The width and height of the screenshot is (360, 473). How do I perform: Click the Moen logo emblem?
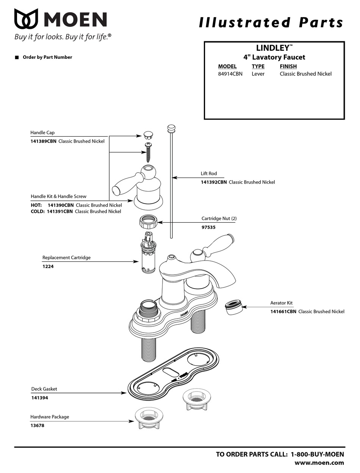tap(26, 19)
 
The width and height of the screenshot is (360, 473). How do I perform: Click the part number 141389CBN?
tap(43, 141)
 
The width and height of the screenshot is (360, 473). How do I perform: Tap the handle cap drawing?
tap(148, 135)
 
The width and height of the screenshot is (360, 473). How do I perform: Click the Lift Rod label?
tap(209, 173)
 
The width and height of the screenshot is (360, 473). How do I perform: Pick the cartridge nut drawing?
tap(148, 221)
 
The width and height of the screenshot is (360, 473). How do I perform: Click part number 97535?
tap(208, 227)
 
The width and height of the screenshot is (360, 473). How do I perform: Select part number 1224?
tap(48, 266)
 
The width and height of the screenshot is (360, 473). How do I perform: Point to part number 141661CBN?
tap(283, 311)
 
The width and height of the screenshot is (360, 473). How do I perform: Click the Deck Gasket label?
tap(44, 389)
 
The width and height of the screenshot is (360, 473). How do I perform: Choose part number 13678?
tap(37, 426)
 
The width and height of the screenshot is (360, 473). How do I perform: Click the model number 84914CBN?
tap(230, 74)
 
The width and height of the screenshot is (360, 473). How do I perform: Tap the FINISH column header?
tap(288, 66)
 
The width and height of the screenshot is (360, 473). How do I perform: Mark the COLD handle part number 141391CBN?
tap(59, 211)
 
